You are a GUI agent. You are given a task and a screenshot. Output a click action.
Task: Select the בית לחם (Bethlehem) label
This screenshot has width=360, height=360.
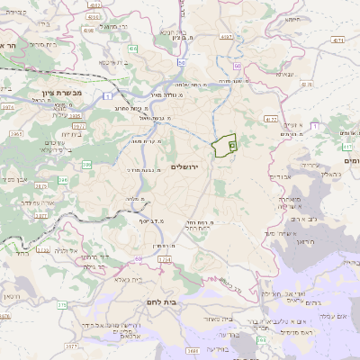[x=186, y=302]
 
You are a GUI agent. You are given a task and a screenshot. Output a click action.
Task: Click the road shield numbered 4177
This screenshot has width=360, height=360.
[x=271, y=118]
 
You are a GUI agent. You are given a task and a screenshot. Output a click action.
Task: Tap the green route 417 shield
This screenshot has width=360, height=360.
[x=347, y=145]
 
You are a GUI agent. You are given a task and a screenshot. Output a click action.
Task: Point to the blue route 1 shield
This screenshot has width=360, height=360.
[x=106, y=95]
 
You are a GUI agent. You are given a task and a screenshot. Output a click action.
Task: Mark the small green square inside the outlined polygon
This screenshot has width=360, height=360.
[x=231, y=142]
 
